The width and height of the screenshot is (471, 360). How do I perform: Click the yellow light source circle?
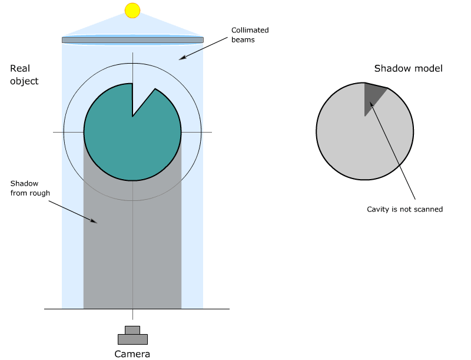coord(132,10)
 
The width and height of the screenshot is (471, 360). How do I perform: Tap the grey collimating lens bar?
coord(132,40)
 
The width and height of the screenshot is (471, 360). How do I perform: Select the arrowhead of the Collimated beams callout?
coord(181,58)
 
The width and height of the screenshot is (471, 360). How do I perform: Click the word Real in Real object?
coord(20,69)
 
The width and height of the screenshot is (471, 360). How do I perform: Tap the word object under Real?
coord(24,81)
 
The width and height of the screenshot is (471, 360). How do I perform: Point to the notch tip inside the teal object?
coord(132,115)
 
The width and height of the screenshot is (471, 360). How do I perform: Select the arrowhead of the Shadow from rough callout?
coord(94,221)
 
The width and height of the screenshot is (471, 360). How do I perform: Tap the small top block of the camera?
coord(132,329)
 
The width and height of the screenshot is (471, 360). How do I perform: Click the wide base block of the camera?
coord(132,339)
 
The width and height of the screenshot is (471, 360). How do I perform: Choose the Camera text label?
coord(132,354)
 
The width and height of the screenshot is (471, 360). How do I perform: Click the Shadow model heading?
coord(408,68)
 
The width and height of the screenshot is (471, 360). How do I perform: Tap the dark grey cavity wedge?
coord(372,94)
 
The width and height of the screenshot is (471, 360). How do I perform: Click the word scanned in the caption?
coord(428,209)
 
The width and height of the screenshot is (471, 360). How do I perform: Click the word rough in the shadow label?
coord(41,193)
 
